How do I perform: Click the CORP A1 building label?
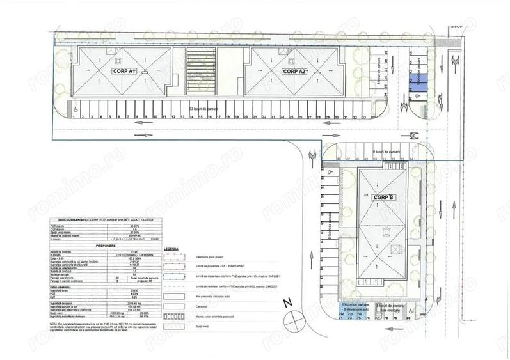(124, 71)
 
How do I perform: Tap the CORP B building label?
(382, 197)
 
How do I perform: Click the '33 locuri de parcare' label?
(203, 109)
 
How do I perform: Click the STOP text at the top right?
(455, 27)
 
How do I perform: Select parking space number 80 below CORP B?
(408, 315)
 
